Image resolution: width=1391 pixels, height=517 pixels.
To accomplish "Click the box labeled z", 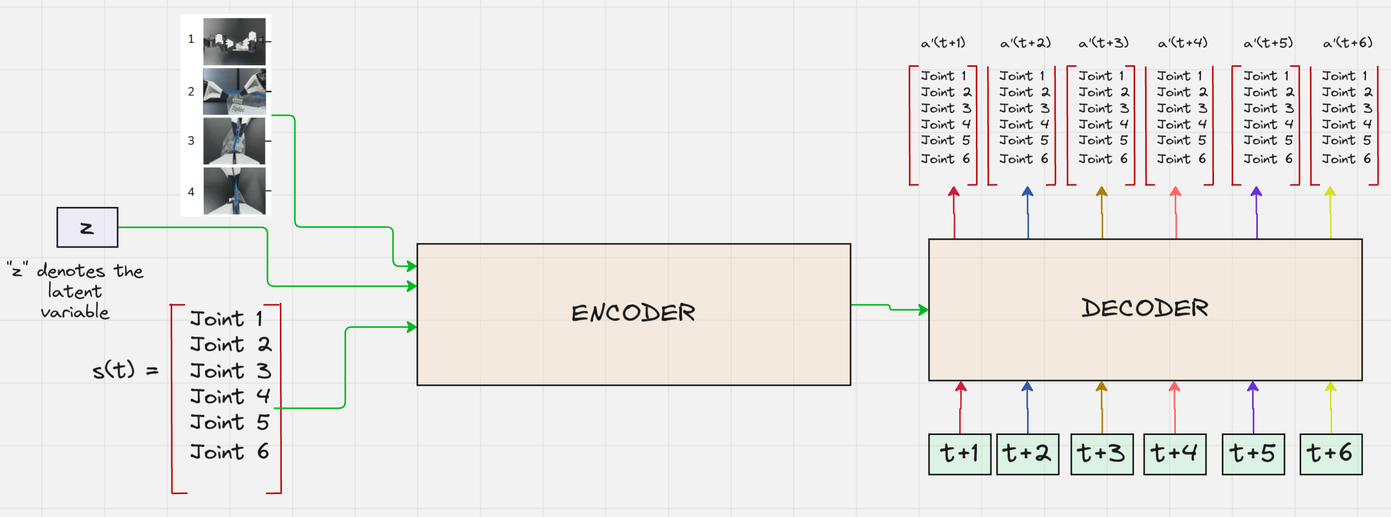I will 87,228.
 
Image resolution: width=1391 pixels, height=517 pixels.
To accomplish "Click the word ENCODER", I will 633,313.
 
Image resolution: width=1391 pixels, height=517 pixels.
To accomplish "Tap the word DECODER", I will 1144,308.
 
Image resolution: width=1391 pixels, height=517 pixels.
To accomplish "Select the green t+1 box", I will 959,454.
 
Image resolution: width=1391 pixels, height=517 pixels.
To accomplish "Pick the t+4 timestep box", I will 1174,454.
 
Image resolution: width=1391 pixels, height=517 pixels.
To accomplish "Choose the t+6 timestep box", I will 1330,454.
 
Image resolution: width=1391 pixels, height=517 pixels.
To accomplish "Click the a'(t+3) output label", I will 1103,43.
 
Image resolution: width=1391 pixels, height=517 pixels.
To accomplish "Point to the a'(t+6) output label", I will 1347,43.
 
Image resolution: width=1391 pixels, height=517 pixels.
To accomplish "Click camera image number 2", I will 234,91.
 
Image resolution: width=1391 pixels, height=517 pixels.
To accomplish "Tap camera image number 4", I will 234,191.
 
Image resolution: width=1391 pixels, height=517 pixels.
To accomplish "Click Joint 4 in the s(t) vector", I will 230,396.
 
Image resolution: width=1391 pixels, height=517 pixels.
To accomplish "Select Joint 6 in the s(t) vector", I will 230,452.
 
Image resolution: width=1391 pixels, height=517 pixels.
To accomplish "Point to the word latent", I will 75,292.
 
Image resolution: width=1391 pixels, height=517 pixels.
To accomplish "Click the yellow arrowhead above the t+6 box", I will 1330,387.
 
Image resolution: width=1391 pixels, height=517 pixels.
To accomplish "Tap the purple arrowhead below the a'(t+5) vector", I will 1256,192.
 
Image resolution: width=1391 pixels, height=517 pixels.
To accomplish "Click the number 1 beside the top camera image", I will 191,39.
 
